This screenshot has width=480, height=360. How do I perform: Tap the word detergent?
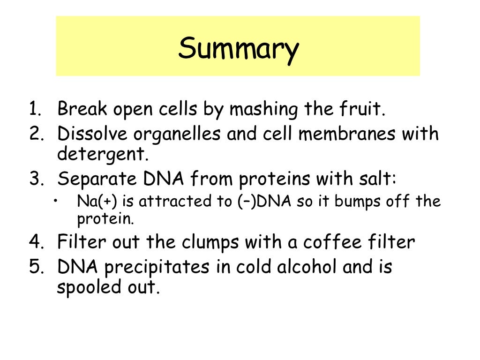pos(99,154)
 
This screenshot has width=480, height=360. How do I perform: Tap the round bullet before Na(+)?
pos(56,201)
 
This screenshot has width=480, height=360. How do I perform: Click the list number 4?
pos(36,243)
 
